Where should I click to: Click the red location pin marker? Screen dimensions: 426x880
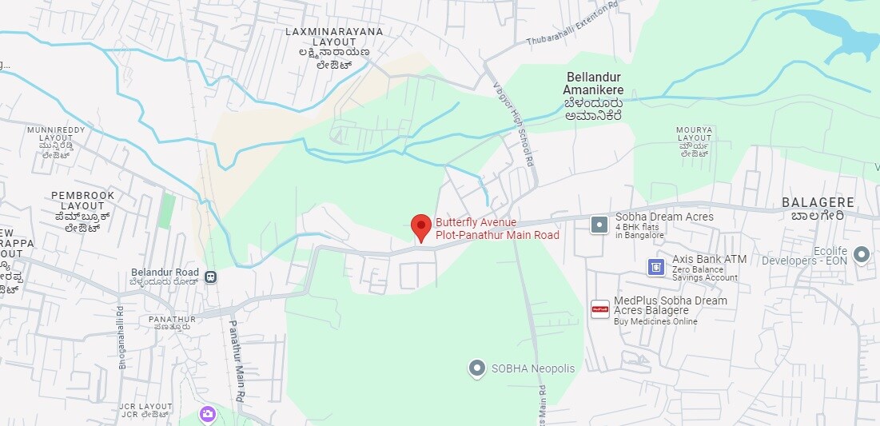[420, 226]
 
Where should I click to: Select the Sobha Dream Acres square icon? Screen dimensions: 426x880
[599, 225]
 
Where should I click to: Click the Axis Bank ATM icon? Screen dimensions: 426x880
[656, 267]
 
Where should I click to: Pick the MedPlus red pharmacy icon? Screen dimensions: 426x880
[599, 309]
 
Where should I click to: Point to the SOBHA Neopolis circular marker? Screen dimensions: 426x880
[477, 368]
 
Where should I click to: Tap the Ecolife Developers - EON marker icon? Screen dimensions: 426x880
[861, 255]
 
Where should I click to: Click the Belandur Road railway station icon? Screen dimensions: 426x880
[210, 277]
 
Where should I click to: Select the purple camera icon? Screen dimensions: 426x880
[208, 414]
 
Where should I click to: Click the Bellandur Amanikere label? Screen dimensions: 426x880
[594, 96]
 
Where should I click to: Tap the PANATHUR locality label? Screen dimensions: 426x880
[172, 322]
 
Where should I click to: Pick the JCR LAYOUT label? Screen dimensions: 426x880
[145, 410]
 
